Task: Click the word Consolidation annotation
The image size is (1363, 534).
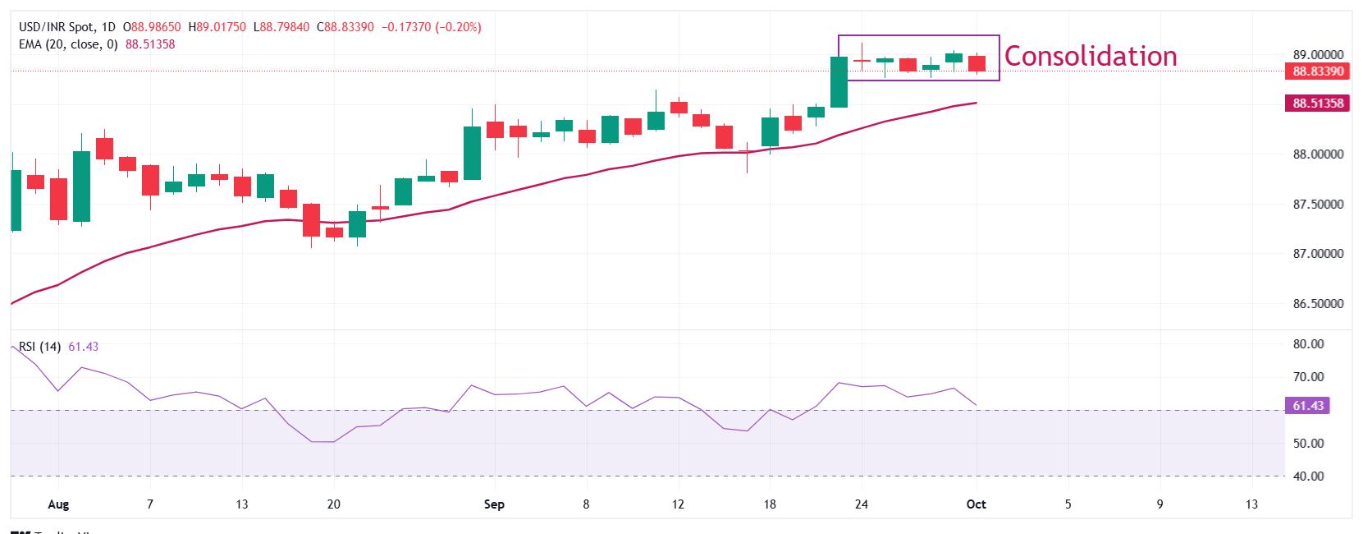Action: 1090,56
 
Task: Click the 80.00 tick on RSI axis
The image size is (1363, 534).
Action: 1308,344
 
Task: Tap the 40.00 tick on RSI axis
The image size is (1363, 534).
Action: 1308,476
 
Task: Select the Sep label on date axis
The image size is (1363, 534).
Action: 494,504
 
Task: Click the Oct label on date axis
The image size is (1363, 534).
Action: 976,504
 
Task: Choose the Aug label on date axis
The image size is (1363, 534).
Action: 57,504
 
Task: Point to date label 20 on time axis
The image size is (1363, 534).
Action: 333,504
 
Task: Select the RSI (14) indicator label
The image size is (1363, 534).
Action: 39,347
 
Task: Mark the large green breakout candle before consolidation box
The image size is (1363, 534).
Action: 839,82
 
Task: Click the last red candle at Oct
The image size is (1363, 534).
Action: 977,63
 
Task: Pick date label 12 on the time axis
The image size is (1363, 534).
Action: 678,504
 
